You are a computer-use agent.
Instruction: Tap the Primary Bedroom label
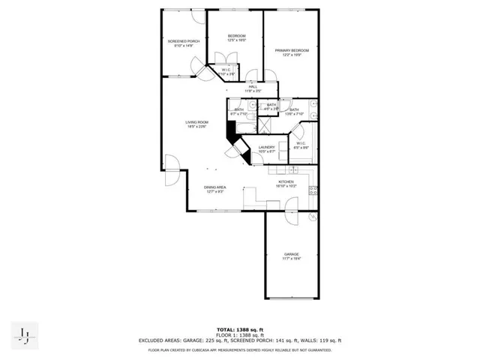[291, 51]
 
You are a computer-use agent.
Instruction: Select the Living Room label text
[197, 123]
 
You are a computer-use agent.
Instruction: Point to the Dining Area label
[215, 188]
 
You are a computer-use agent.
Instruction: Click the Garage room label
[291, 256]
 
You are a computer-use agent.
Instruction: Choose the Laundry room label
[267, 148]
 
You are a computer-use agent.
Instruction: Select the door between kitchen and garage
[290, 216]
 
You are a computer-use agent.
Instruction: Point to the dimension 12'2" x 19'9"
[291, 55]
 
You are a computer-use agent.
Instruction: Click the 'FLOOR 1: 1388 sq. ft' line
[239, 335]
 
